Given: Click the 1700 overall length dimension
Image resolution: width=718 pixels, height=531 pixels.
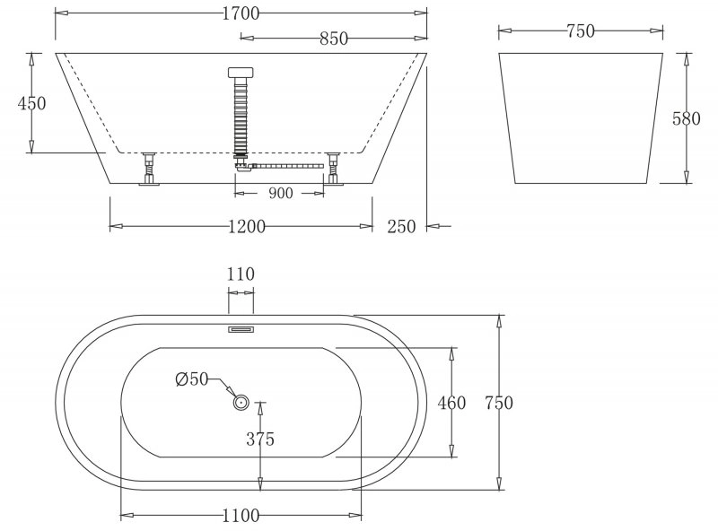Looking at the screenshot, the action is point(241,13).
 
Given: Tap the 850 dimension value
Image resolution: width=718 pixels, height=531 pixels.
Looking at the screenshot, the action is point(334,39).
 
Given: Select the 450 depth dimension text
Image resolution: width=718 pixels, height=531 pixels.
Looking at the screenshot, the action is point(32,103).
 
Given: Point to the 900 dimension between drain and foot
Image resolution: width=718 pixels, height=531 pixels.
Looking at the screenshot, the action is point(280,193).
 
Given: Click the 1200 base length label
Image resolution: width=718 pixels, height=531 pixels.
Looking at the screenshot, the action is point(246,226).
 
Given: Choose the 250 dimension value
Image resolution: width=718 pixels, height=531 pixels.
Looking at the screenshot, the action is point(401,226).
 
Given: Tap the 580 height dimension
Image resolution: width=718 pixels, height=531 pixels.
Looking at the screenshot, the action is point(686,118).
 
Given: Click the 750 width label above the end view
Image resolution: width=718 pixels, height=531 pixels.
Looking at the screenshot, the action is point(581,31).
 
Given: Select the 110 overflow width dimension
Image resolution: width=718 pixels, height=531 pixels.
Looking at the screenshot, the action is point(241,274).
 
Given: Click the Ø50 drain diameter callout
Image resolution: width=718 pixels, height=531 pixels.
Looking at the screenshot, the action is point(192,379).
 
